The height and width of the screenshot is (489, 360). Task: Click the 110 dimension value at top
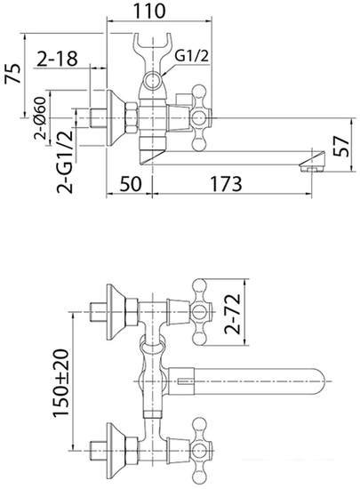[149, 12]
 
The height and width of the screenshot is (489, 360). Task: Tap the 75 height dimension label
[13, 74]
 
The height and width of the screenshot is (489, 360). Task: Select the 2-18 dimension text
[57, 59]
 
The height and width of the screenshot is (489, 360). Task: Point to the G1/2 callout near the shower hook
[191, 56]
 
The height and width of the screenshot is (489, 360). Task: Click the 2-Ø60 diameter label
[40, 117]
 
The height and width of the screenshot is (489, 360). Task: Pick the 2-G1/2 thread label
[65, 161]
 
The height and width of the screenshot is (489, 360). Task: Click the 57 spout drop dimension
[340, 146]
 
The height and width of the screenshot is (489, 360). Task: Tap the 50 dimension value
[131, 184]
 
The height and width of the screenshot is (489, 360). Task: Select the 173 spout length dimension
[226, 184]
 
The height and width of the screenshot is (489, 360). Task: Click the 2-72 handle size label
[233, 314]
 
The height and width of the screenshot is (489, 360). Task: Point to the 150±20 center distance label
[60, 382]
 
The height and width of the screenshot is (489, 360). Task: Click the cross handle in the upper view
[201, 118]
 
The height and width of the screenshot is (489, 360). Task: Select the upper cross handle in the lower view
[202, 312]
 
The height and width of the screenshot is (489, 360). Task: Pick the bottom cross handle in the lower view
[202, 451]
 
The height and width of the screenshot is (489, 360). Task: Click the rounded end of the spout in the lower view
[318, 381]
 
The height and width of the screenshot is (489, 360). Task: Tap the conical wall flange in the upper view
[116, 118]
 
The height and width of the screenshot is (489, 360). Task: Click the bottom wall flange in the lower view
[116, 451]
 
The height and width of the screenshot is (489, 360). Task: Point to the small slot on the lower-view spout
[184, 381]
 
